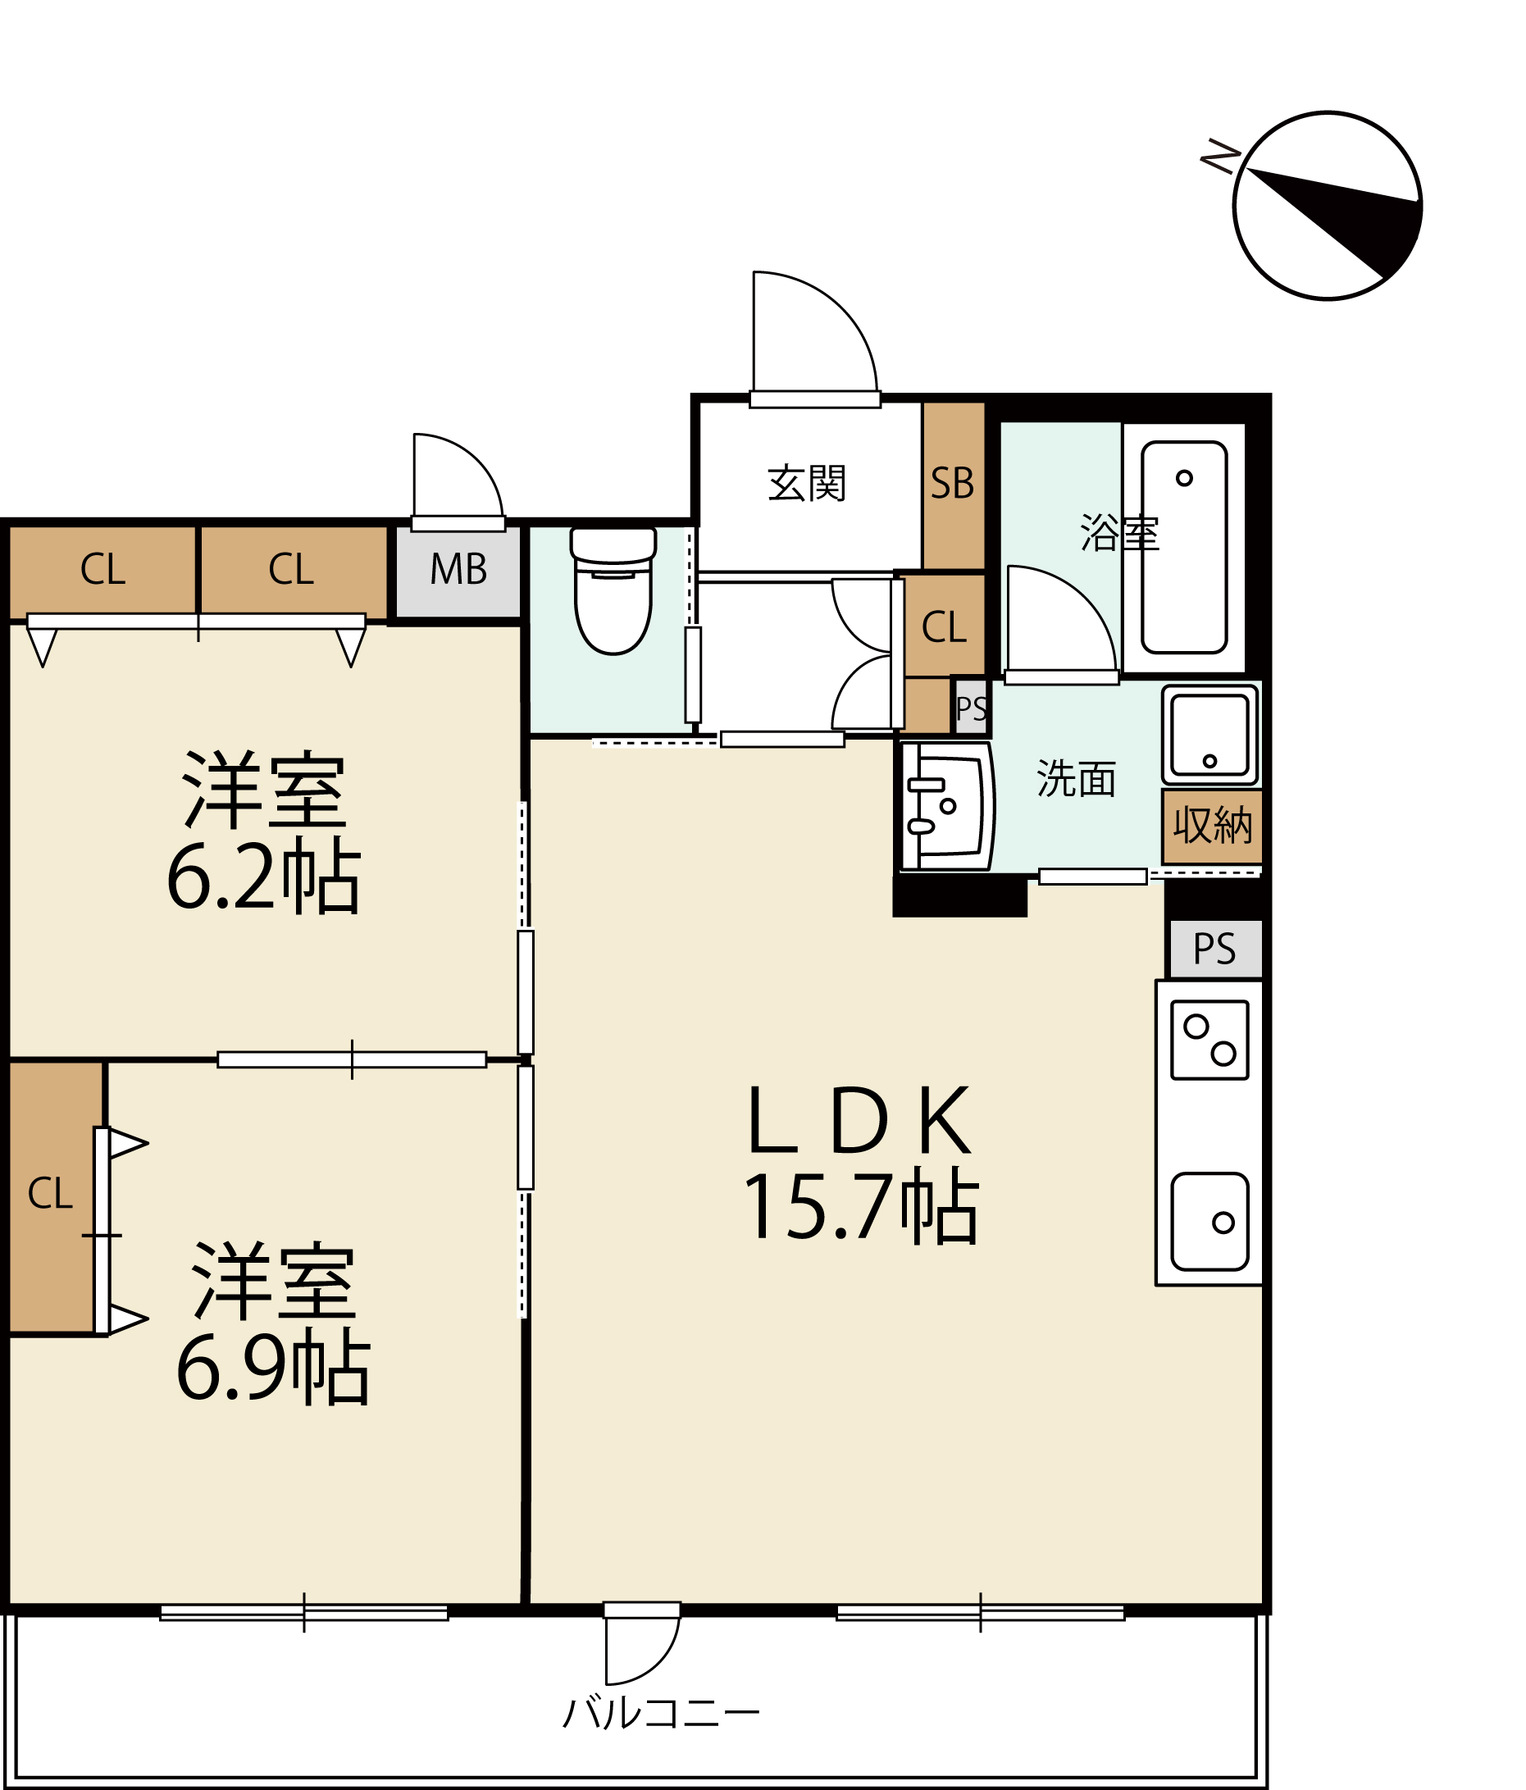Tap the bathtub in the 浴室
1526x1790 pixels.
pos(1184,548)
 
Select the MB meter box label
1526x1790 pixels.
pos(458,569)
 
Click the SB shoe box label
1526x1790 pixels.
pos(952,484)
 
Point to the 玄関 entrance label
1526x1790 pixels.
pos(806,483)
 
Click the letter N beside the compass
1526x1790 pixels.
pos(1220,156)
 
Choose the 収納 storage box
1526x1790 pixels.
pos(1211,826)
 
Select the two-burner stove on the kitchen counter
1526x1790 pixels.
pos(1209,1040)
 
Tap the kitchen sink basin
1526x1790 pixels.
pos(1209,1222)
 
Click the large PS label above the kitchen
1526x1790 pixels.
pos(1214,950)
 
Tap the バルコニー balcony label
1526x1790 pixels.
pos(661,1712)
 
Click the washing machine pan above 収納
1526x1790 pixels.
pos(1209,735)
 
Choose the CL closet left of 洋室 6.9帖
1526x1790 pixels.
pos(50,1195)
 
